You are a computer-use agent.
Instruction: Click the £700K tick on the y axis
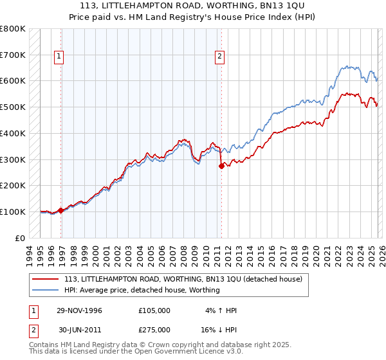pos(13,55)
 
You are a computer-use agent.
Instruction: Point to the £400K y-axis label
pos(13,133)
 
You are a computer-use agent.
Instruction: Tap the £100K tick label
pos(13,212)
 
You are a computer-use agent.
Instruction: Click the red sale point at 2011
pos(221,166)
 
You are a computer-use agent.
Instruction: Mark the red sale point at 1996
pos(61,210)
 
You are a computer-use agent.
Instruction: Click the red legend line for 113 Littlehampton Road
pos(46,279)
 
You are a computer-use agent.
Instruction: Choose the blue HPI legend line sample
pos(46,290)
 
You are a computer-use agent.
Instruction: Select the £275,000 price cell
pos(154,329)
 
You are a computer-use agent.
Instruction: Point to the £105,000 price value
pos(154,310)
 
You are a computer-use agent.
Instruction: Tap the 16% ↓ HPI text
pos(218,329)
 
